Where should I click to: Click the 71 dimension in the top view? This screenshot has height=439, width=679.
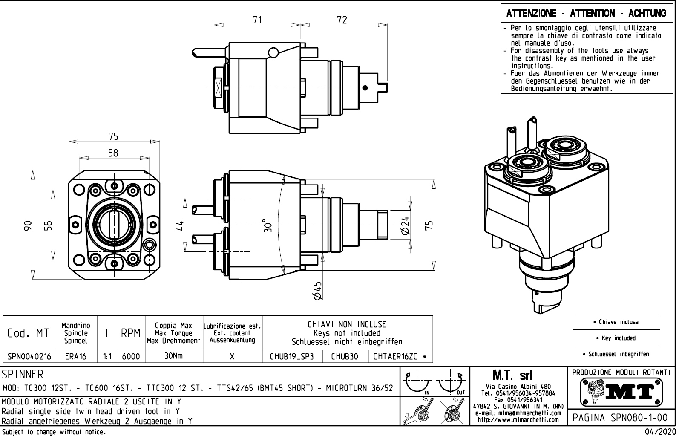click(257, 20)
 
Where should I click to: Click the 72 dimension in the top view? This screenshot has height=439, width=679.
click(342, 20)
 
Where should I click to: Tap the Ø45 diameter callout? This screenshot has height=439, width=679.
click(317, 291)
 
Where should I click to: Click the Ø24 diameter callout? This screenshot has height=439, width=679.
click(405, 225)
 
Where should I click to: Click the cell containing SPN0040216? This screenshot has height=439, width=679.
click(29, 356)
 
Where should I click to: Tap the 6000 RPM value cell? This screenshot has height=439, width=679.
click(131, 356)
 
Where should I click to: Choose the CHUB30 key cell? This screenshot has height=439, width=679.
click(345, 356)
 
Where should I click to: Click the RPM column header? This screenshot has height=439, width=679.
click(131, 333)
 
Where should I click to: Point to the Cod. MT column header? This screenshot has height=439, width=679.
click(28, 333)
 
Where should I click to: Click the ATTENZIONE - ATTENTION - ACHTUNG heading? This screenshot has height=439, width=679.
click(586, 13)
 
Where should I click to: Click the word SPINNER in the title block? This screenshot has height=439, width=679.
click(23, 375)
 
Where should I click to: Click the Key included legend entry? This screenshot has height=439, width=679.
click(616, 338)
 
